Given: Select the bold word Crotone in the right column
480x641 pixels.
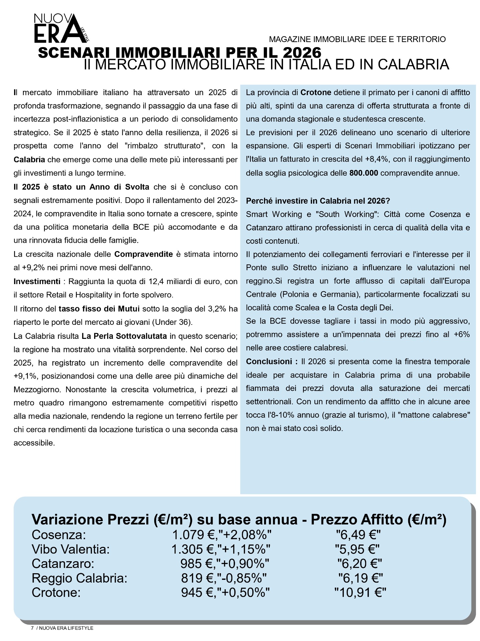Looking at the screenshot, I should (316, 92).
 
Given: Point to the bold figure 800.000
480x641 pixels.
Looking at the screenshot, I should (364, 173).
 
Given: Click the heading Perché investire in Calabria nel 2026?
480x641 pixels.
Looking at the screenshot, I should (318, 201).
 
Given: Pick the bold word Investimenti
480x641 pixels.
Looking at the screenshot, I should (37, 281).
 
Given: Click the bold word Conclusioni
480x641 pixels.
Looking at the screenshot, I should (269, 362).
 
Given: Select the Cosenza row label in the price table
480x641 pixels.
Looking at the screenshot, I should (59, 535).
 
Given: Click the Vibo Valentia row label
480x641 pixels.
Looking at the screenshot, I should (70, 549).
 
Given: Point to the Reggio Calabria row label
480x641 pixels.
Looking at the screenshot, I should (79, 578).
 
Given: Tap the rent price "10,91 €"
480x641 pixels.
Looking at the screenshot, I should (360, 593).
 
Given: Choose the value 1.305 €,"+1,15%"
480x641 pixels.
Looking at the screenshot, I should (221, 549).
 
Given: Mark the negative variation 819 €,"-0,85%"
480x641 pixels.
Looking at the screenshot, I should (224, 578).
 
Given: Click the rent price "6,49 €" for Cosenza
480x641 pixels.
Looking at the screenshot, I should (358, 535).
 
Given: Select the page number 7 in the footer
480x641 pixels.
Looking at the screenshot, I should (32, 628).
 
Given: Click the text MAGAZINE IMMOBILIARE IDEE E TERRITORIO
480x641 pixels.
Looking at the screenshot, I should (357, 39).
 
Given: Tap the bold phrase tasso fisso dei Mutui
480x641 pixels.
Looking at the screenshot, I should (99, 309).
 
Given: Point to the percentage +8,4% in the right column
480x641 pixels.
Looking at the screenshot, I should (377, 159).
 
